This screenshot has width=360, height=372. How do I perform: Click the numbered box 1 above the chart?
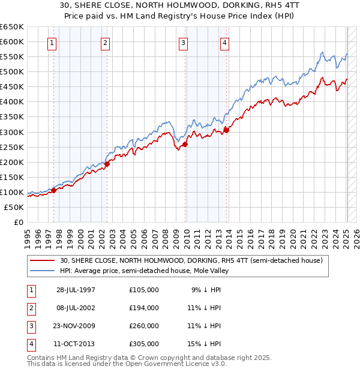point(53,43)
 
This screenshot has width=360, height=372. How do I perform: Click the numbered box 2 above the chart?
point(106,43)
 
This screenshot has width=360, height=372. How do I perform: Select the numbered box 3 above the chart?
point(183,43)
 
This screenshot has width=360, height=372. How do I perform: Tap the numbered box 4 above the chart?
point(224,43)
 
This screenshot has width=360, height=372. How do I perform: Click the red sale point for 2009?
point(185,144)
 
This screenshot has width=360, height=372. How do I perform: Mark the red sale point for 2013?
point(226,130)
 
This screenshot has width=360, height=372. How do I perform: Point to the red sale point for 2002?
point(107,164)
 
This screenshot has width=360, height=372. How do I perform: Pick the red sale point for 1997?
point(53,190)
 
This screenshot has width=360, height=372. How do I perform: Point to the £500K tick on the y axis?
point(13,72)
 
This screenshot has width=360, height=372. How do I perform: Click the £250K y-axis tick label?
point(13,147)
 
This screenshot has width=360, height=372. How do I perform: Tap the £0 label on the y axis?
point(18,222)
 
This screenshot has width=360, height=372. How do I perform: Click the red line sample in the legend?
point(42,261)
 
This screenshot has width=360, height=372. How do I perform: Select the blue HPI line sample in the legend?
point(42,271)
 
